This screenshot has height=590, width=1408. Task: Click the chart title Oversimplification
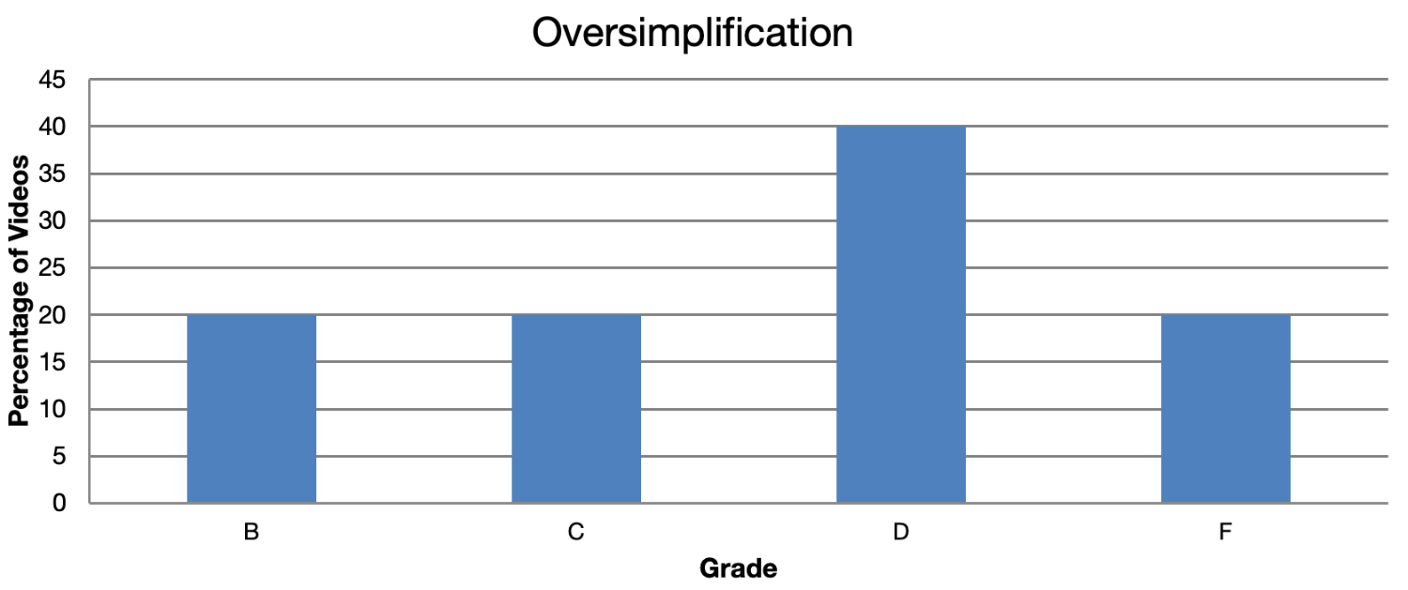coord(693,34)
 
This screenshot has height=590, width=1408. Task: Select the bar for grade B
coord(252,409)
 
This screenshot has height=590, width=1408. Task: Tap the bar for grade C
coord(576,409)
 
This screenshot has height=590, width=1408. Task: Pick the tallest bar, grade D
coord(901,315)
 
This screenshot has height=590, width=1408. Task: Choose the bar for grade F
coord(1225,409)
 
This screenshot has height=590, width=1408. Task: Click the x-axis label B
coord(252,533)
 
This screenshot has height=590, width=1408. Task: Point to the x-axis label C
coord(576,533)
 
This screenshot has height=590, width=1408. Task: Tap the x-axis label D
coord(901,533)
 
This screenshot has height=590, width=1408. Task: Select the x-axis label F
coord(1225,533)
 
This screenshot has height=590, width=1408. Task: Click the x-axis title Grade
coord(739,568)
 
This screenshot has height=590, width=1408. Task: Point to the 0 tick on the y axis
coord(60,504)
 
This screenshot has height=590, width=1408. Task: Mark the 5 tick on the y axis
coord(60,457)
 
